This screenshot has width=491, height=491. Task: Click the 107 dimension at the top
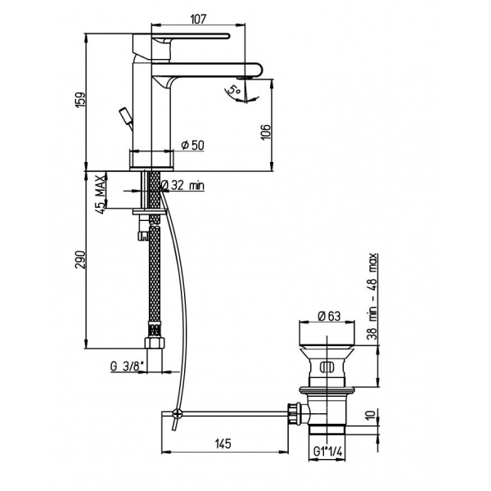[198, 19]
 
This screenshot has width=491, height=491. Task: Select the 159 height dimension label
[80, 100]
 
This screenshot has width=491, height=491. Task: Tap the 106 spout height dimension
[265, 133]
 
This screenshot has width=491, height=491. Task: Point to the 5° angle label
[234, 91]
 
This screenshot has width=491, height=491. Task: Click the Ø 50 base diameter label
[192, 146]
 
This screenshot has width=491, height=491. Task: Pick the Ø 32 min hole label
[182, 186]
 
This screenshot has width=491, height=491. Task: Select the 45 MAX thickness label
[100, 195]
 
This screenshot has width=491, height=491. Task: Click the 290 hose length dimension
[80, 259]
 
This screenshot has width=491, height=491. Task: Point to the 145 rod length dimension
[223, 444]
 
